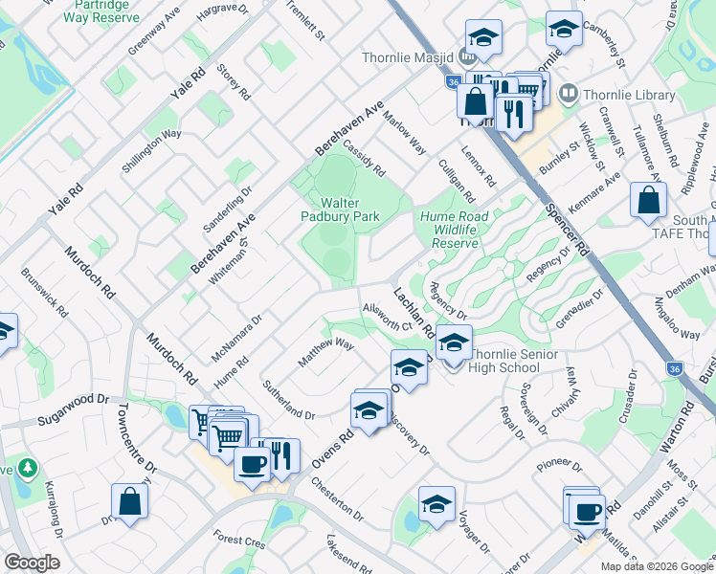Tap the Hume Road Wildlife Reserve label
pos(453,230)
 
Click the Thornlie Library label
pos(613,94)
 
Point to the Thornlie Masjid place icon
pos(468,57)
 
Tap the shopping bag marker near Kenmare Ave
pos(648,201)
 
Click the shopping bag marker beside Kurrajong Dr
pos(129,501)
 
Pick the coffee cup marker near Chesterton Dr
pos(252,465)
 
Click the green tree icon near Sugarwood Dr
pos(28,468)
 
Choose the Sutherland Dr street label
pos(288,400)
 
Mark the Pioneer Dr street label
pos(560,465)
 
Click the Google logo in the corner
pos(32,563)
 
